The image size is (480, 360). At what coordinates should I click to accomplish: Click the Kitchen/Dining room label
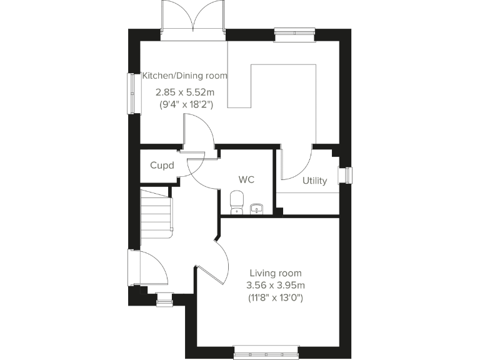tap(184, 76)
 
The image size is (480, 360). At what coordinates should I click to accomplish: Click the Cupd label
tap(161, 166)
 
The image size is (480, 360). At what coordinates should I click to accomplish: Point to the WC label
tap(246, 179)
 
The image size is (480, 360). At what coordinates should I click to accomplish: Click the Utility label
tap(314, 181)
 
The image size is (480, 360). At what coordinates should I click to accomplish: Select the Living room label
tap(275, 273)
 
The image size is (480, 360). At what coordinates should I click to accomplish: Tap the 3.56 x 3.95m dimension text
tap(275, 286)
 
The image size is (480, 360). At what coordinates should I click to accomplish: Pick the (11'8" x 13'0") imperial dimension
tap(275, 298)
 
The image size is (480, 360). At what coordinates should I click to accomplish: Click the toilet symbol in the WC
tap(236, 202)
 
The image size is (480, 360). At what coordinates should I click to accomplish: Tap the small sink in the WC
tap(256, 207)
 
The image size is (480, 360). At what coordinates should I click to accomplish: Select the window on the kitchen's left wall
tap(132, 94)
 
